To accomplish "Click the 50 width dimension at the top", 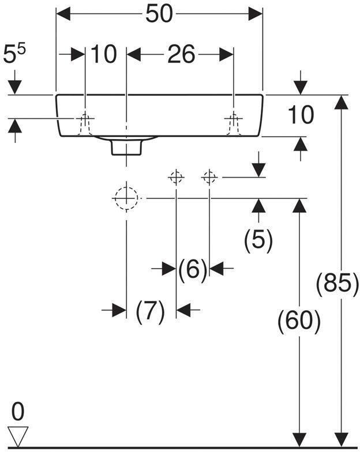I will [x=159, y=14].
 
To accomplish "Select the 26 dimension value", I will [x=181, y=55].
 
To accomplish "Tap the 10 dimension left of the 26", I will [x=104, y=55].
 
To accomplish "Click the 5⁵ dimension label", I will [x=16, y=56].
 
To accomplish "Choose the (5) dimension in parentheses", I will [x=258, y=240].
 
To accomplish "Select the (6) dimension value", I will [x=193, y=269].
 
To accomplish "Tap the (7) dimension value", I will [x=151, y=311].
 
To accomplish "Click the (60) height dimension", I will [x=299, y=321].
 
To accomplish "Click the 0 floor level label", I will [x=18, y=412].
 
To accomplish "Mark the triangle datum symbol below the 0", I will [x=18, y=436].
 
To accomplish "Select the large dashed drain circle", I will [x=126, y=198].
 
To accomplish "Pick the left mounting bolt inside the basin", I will [x=85, y=122].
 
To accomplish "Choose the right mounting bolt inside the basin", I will [x=233, y=122].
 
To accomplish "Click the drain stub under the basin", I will [x=126, y=147].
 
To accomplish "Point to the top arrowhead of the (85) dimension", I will [x=342, y=102].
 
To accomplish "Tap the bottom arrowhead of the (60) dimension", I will [x=299, y=439].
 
